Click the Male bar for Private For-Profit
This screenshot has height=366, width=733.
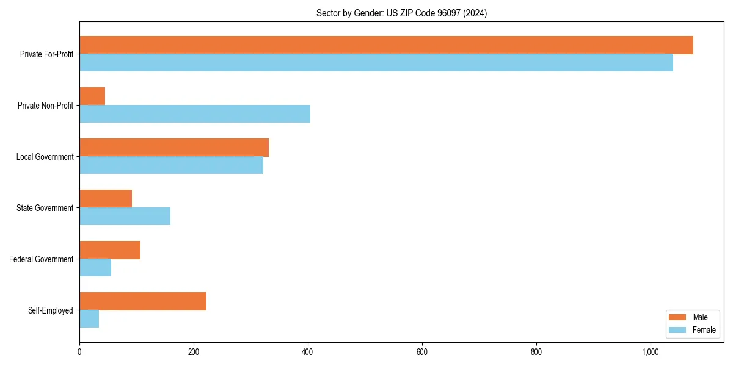coord(386,45)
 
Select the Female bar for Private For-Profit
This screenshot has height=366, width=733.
coord(376,63)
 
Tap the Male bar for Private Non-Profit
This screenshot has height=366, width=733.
coord(92,96)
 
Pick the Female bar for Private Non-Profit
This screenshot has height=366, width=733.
coord(195,114)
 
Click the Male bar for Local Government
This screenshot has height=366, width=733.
coord(174,148)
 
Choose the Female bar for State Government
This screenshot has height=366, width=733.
coord(125,217)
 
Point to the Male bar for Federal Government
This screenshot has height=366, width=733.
coord(110,250)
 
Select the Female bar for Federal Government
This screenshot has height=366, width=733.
coord(95,268)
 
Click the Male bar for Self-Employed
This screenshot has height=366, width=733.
coord(143,301)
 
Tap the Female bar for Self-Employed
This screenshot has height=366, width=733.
coord(89,319)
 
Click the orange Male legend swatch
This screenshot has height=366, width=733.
coord(678,317)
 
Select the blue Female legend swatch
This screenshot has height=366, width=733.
coord(678,330)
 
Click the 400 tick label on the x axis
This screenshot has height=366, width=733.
coord(308,352)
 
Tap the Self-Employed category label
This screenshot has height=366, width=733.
coord(51,310)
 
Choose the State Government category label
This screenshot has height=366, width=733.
coord(45,208)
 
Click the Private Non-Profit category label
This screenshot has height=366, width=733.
coord(46,106)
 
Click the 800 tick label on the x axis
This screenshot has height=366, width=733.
coord(536,352)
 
